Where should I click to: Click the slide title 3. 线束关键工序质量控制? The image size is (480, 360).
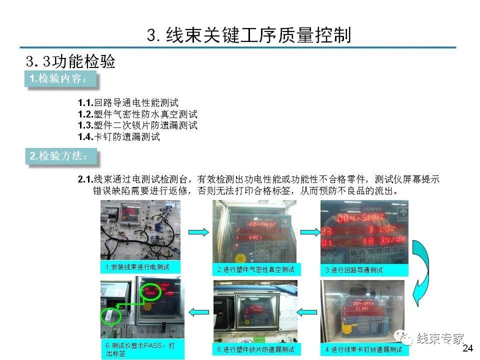[x=249, y=35]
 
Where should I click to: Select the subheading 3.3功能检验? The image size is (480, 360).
[x=70, y=61]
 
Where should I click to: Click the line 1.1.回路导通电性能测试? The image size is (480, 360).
[x=127, y=103]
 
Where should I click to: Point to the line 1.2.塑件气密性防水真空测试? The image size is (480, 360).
[x=137, y=114]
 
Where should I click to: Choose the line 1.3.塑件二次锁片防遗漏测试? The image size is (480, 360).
[x=137, y=125]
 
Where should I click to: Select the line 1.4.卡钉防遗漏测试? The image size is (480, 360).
[x=118, y=136]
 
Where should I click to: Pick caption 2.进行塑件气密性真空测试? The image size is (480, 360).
[x=255, y=269]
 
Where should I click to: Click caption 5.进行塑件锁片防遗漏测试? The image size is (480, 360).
[x=255, y=349]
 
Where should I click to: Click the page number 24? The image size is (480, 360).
[x=467, y=348]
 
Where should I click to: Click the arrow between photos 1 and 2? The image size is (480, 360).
[x=198, y=231]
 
